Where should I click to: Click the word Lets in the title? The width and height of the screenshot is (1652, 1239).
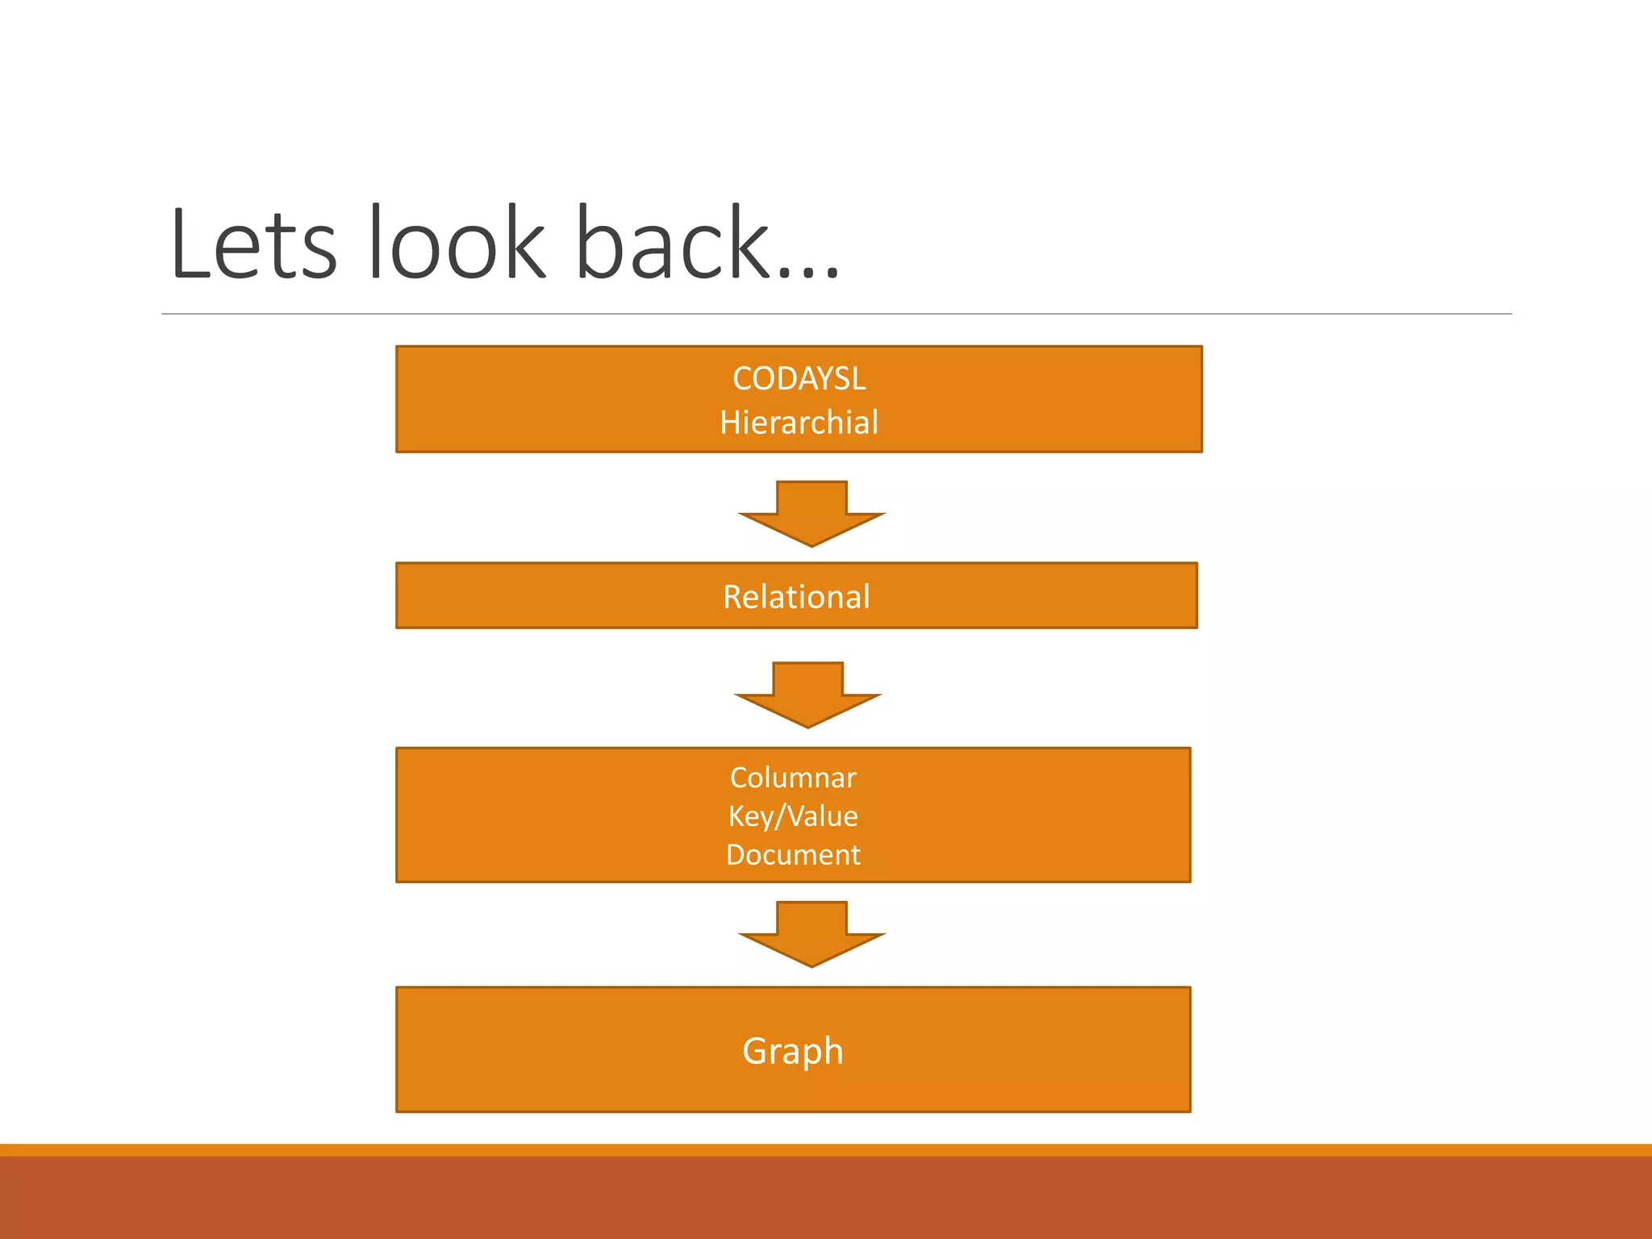coord(252,244)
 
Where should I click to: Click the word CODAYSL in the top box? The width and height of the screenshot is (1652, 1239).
coord(799,379)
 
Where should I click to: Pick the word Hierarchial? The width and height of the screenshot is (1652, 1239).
coord(799,423)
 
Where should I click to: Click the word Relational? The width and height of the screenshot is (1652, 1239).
coord(796,597)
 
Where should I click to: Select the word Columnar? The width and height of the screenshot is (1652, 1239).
coord(793,778)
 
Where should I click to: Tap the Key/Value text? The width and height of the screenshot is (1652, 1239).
coord(793,816)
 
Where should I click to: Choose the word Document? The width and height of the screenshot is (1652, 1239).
coord(793,855)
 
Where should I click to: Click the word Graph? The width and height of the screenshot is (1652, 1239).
coord(793,1051)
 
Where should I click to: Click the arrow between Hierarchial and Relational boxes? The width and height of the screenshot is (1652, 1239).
coord(811,515)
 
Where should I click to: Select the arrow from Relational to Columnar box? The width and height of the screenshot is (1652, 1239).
coord(807,695)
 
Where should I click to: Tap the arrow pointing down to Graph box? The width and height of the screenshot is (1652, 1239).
coord(811,935)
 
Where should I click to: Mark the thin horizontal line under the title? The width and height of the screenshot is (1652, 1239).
coord(836,314)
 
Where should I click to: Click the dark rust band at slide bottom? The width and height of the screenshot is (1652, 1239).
coord(826,1198)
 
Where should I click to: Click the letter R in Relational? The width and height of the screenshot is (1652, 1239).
coord(732,597)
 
